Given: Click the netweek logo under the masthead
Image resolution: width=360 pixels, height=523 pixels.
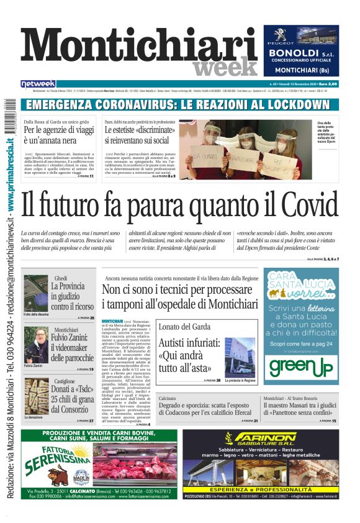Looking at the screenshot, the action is [x=38, y=83].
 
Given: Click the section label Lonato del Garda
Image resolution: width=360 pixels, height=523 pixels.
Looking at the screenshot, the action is [x=184, y=327].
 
